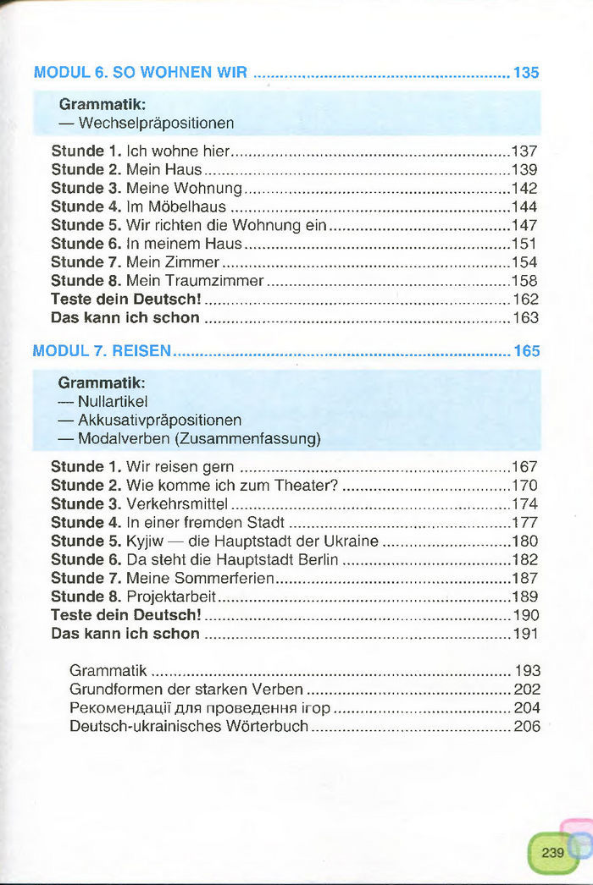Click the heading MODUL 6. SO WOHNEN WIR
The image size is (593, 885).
(141, 73)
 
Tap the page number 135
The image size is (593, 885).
(526, 73)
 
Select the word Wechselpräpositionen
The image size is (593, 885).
(156, 124)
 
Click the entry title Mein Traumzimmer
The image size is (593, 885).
(195, 281)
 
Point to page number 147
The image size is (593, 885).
(524, 226)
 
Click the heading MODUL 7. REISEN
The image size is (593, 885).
(102, 350)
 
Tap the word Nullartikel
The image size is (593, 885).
(113, 402)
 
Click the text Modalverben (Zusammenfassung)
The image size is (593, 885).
(199, 439)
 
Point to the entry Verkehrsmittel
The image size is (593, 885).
(178, 504)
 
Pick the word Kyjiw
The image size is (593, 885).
(146, 541)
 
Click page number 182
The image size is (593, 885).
(525, 560)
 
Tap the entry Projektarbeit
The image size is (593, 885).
(171, 597)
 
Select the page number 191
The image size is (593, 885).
(526, 634)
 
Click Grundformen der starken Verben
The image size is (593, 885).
(186, 690)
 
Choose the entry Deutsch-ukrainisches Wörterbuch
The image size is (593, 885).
(189, 727)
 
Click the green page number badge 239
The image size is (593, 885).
(552, 853)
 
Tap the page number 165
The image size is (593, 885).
(526, 350)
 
